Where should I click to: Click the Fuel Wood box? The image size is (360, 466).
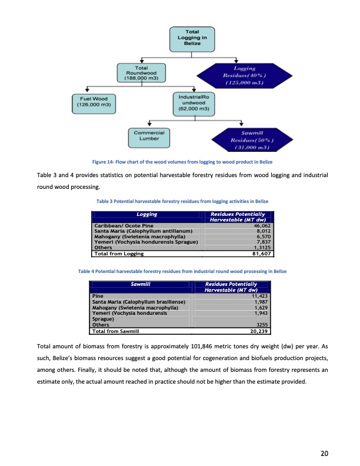92,101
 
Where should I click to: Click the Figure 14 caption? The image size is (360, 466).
179,161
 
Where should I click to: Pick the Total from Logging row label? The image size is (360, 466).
119,254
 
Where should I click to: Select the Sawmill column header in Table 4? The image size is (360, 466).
141,284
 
